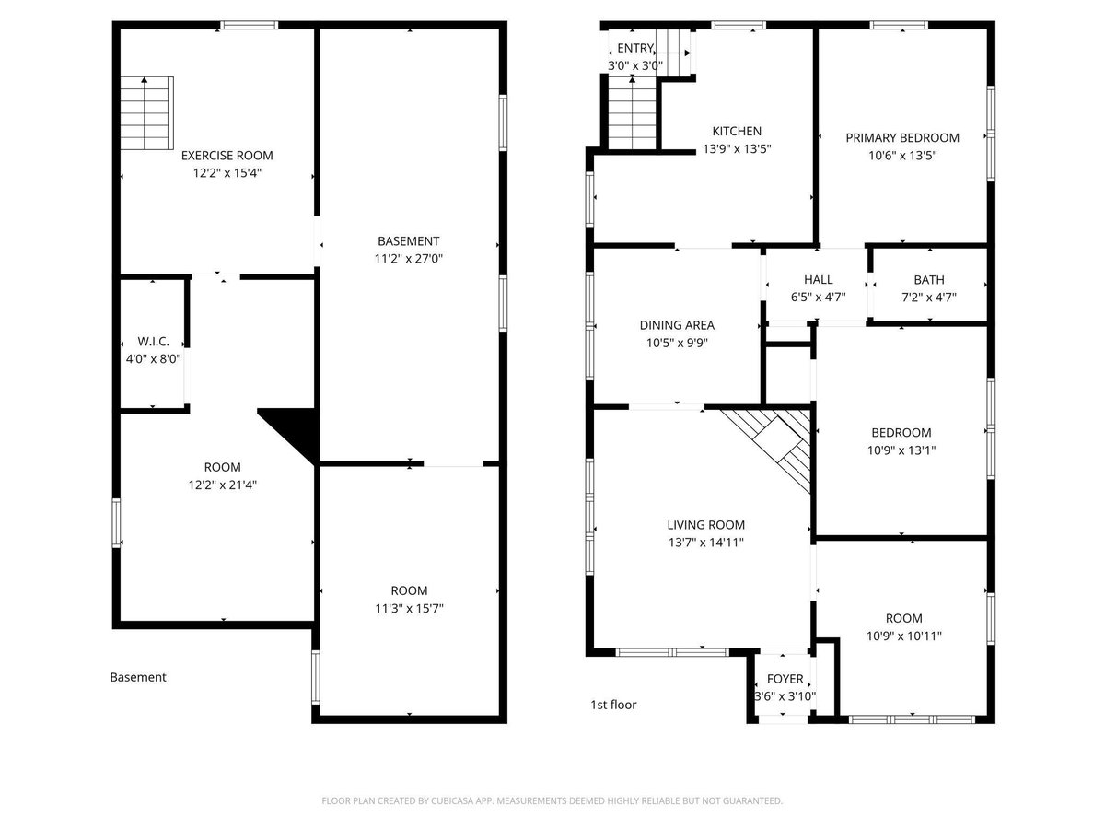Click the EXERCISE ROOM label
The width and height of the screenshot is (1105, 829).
[227, 156]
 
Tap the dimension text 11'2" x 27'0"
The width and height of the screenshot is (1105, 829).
[408, 259]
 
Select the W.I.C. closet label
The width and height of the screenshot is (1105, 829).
[153, 342]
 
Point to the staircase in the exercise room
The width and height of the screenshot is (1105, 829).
[146, 113]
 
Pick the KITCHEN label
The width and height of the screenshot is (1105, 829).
[737, 132]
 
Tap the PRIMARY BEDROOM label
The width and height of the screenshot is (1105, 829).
[902, 138]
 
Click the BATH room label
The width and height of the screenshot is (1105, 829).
[929, 280]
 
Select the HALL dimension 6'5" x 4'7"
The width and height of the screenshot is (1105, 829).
[818, 297]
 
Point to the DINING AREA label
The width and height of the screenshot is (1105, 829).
[677, 325]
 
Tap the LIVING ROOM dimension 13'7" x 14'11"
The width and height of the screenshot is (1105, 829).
[705, 543]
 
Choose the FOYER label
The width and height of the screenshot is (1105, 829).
[785, 679]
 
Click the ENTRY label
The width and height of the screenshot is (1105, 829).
[635, 48]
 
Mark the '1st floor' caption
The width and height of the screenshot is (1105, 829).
[613, 705]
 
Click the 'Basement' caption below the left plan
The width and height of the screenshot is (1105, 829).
[138, 677]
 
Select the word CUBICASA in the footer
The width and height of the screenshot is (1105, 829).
[452, 800]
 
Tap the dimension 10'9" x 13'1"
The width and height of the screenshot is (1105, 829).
[901, 450]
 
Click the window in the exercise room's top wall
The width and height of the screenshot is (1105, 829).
[249, 25]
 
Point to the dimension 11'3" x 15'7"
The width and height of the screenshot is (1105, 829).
[409, 609]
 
